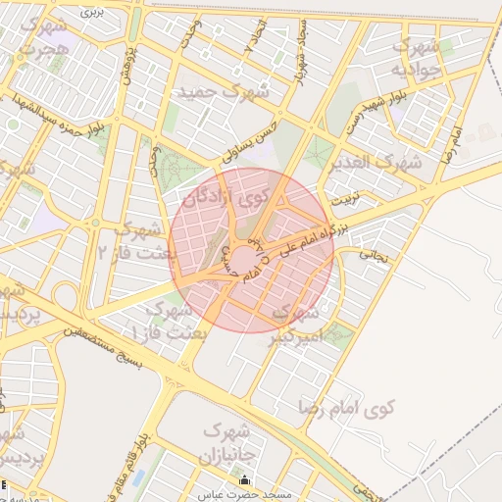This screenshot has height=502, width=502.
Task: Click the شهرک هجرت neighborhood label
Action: point(43,35)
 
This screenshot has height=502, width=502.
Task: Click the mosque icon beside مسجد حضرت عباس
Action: point(244,481)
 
